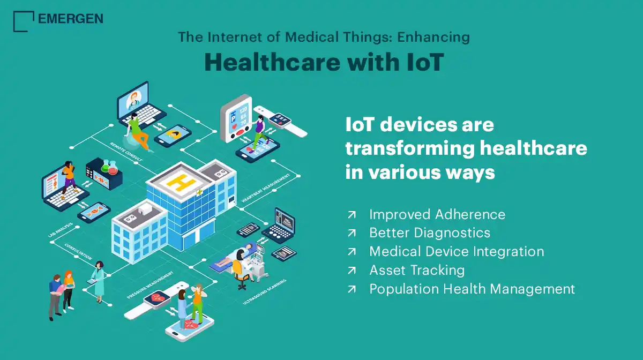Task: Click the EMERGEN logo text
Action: coord(71,19)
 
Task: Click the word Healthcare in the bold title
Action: coord(272,62)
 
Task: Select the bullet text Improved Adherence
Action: coord(437,214)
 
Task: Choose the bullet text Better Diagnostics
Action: coord(430,233)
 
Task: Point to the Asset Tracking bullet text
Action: coord(417,270)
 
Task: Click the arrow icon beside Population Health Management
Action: coord(352,289)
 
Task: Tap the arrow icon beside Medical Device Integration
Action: coord(352,251)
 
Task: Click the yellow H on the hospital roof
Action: coord(182,182)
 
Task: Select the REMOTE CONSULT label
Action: coord(126,152)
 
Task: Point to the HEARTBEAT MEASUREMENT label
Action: coord(266,188)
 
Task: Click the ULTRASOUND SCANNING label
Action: coord(264,291)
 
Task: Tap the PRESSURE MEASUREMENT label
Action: coord(150,285)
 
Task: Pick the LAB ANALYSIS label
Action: coord(60,230)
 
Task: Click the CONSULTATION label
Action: coord(78,251)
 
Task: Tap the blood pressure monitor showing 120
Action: coord(236,118)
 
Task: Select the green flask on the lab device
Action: coord(106,166)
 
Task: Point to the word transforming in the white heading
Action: coord(410,149)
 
